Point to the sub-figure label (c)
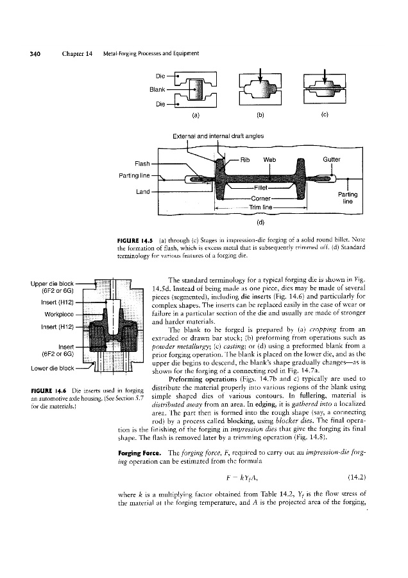pos(325,116)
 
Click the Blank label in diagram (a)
pos(158,89)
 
